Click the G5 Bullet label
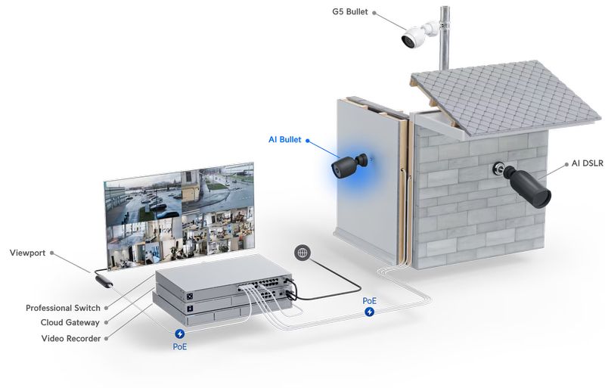coord(349,12)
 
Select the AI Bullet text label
coord(284,139)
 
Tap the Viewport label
coord(27,252)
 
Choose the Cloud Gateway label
coord(70,323)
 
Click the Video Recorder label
coord(70,338)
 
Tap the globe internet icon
coord(302,253)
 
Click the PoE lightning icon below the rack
coord(180,334)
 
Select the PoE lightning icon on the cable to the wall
coord(369,312)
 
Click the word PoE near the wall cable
coord(369,300)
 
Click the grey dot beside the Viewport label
coord(51,253)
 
